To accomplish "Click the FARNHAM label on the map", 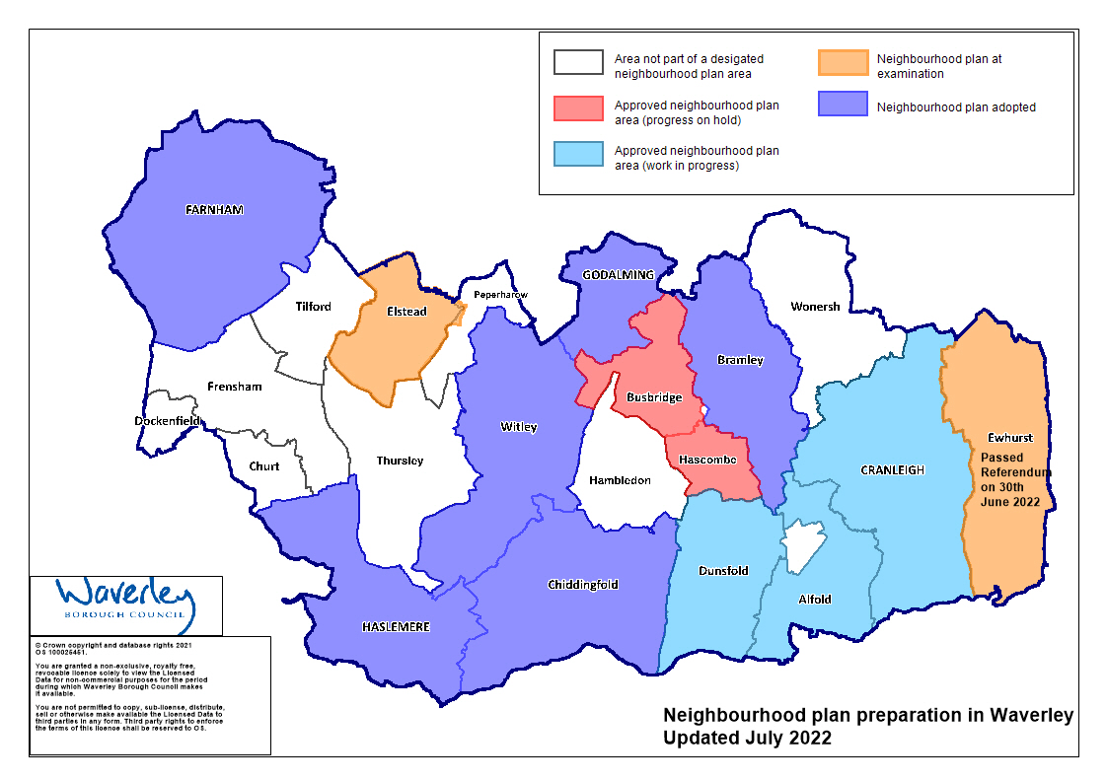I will tap(213, 210).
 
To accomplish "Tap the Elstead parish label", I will tap(406, 312).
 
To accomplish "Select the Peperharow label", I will tap(500, 294).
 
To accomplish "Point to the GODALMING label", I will tap(619, 274).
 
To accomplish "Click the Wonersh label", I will tap(815, 307).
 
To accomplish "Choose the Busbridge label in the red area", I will tap(654, 397).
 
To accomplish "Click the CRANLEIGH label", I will tap(891, 470).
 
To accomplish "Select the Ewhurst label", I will tap(1009, 437).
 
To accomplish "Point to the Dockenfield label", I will tap(168, 421).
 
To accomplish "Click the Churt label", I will tap(263, 466).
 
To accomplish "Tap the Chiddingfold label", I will tap(582, 585).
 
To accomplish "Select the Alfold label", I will tap(814, 599).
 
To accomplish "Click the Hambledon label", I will tap(620, 480).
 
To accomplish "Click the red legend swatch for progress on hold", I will tap(578, 107).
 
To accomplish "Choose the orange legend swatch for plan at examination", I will tap(843, 62).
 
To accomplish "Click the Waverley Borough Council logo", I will tap(125, 604).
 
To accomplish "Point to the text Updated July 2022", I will tap(747, 738).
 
